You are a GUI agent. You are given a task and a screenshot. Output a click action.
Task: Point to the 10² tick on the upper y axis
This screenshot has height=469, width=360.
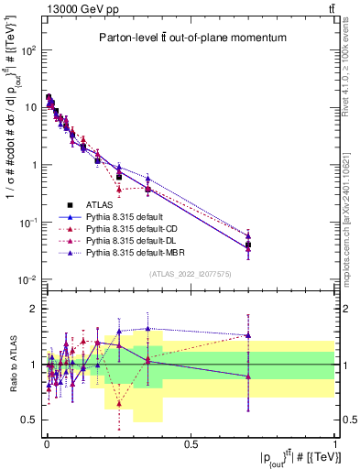tap(30, 49)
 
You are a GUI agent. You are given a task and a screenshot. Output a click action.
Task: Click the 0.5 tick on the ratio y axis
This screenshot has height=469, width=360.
tap(31, 420)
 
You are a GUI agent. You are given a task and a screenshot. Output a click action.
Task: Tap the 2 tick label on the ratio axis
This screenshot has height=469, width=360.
tap(35, 309)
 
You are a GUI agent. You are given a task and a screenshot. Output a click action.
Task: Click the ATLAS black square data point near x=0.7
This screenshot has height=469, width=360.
tap(248, 244)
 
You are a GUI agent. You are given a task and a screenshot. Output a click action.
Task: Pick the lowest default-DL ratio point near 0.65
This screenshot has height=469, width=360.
tap(119, 401)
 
